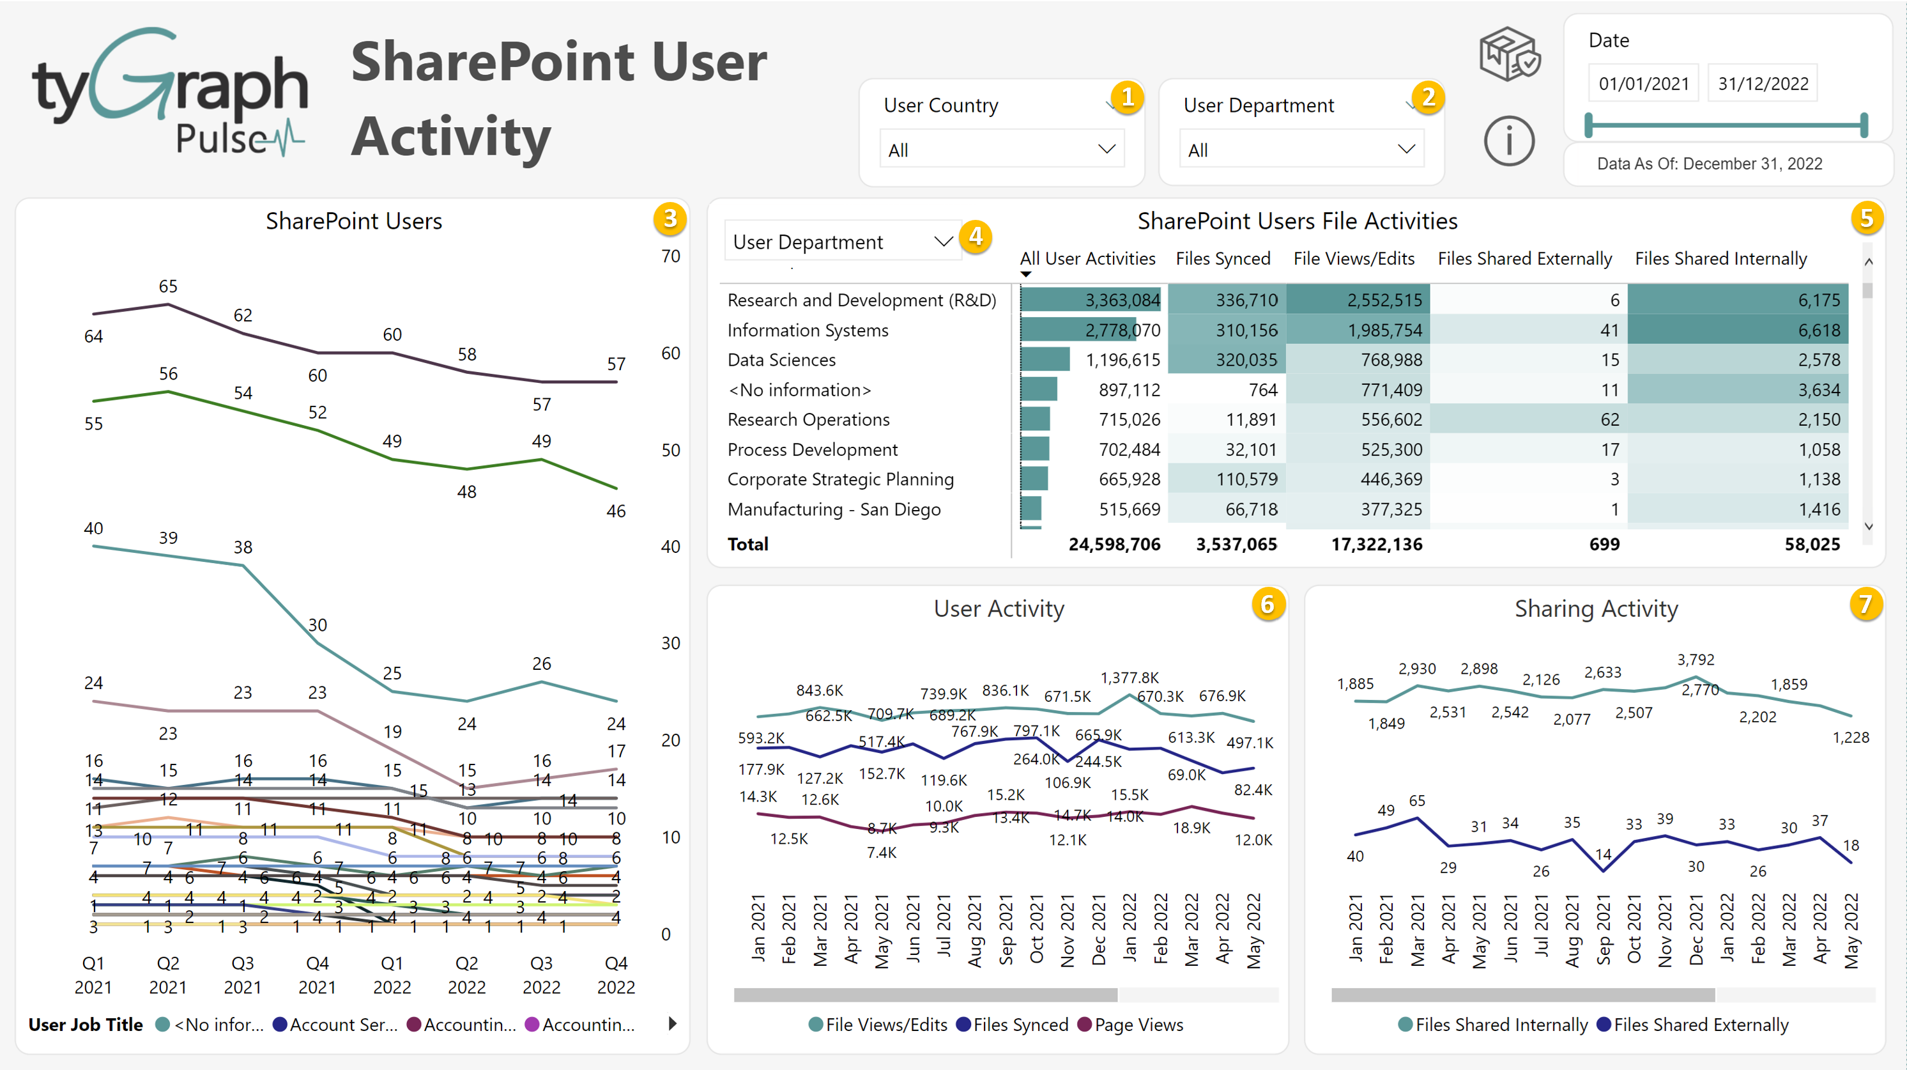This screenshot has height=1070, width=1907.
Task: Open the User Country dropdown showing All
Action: tap(1001, 150)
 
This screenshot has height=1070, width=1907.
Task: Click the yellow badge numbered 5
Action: tap(1866, 219)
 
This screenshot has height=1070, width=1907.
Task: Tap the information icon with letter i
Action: tap(1508, 141)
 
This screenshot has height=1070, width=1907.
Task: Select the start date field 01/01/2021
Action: tap(1643, 84)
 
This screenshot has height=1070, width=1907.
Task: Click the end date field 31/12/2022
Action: tap(1762, 84)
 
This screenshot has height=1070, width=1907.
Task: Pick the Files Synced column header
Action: tap(1222, 258)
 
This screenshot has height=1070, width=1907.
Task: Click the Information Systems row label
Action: tap(807, 330)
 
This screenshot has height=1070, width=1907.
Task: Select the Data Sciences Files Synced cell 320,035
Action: tap(1246, 360)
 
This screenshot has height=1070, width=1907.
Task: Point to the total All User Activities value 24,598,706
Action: tap(1114, 544)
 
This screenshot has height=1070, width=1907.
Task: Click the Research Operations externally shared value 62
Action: tap(1609, 420)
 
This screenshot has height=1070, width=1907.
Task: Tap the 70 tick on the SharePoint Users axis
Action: tap(670, 256)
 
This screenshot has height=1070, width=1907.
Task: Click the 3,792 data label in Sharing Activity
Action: tap(1696, 659)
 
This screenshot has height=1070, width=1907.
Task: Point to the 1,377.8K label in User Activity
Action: tap(1129, 678)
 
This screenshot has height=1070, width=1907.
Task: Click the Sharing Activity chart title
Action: tap(1595, 609)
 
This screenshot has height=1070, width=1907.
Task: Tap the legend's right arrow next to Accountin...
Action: tap(672, 1024)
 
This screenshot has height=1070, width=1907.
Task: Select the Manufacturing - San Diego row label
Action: tap(834, 509)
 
